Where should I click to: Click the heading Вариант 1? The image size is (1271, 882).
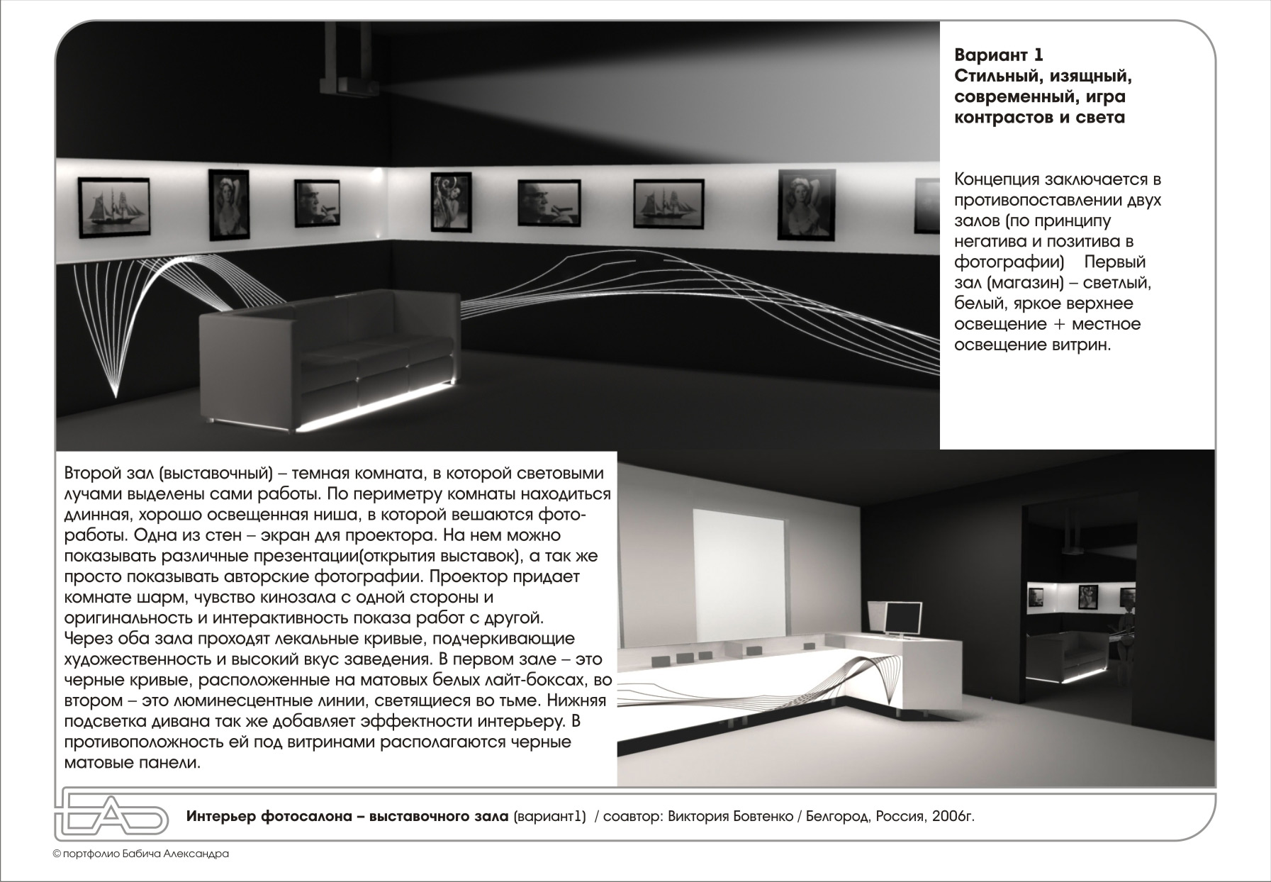(999, 55)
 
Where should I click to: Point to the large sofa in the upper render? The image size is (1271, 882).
(326, 355)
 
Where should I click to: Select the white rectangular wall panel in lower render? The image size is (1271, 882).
(738, 564)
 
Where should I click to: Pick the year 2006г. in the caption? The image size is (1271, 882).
(953, 816)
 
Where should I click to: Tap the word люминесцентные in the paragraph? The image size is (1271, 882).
(230, 701)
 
